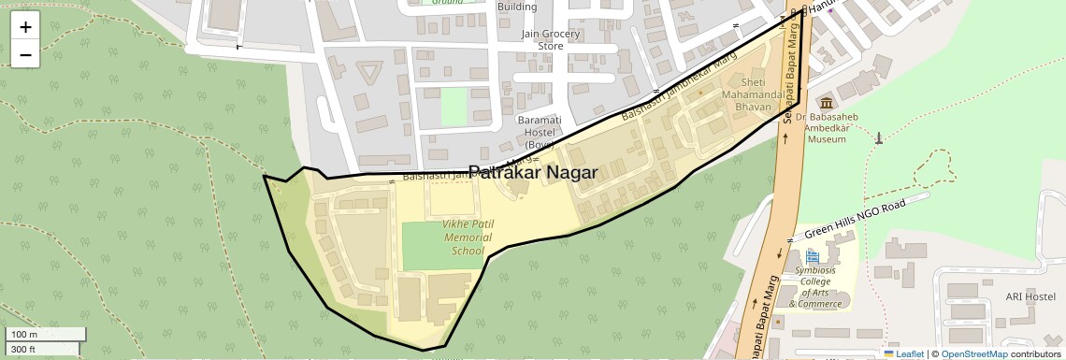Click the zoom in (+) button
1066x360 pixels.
pos(25,26)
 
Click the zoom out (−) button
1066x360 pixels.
pos(25,54)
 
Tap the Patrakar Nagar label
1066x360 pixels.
pos(532,172)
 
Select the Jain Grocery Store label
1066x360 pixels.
pos(551,40)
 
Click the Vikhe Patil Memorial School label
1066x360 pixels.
pos(468,238)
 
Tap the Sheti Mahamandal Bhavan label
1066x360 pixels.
pos(754,95)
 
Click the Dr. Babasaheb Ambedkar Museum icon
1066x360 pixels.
pos(826,102)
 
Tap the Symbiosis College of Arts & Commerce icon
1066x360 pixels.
pos(812,255)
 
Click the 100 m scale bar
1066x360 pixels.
pos(46,334)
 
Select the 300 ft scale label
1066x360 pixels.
pos(24,350)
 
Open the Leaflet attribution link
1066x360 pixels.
pos(903,354)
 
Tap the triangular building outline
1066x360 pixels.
pos(371,72)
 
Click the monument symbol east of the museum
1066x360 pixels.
pos(878,138)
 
